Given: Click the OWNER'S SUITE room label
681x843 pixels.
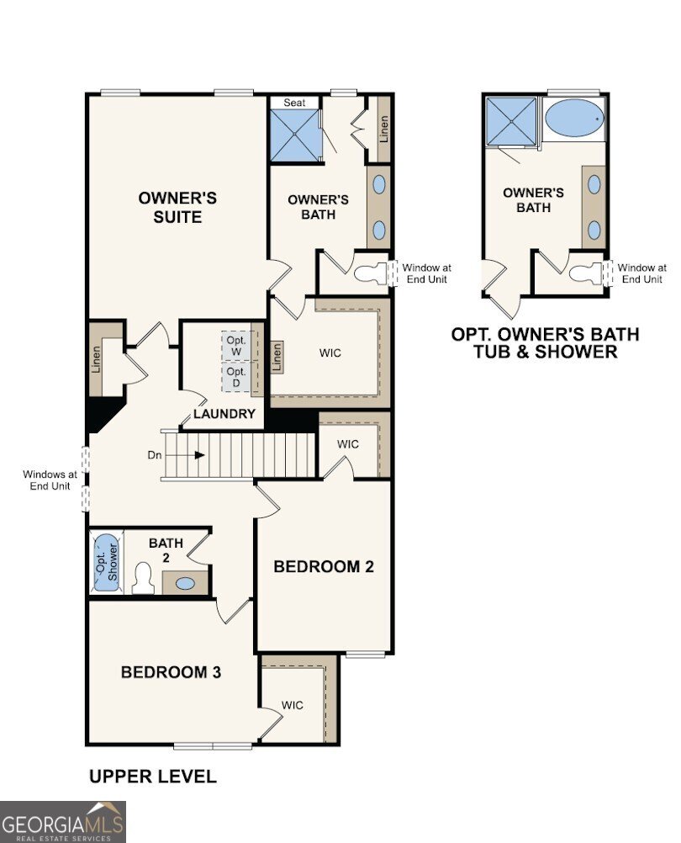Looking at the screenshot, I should coord(177,207).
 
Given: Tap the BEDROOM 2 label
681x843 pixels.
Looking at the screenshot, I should coord(323,566).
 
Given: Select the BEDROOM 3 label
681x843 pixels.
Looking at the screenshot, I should coord(171,672).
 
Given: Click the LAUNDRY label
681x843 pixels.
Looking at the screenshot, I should coord(224,414).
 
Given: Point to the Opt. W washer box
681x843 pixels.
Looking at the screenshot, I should coord(236,345).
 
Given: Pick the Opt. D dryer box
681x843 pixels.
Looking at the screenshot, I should coord(236,376).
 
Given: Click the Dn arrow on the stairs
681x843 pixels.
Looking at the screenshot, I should coord(199,455).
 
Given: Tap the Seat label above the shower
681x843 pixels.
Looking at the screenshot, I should coord(294,103).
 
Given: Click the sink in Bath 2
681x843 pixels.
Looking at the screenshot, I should coord(185,582).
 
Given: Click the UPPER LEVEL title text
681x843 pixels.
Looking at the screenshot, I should coord(152,777).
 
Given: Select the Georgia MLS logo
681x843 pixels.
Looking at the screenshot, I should coord(62,821).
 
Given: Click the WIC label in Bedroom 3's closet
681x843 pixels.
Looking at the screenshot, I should coord(293,705).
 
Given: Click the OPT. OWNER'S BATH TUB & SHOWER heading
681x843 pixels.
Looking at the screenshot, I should coord(545,342).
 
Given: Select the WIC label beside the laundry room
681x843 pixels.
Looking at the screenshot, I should coord(330,353).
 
